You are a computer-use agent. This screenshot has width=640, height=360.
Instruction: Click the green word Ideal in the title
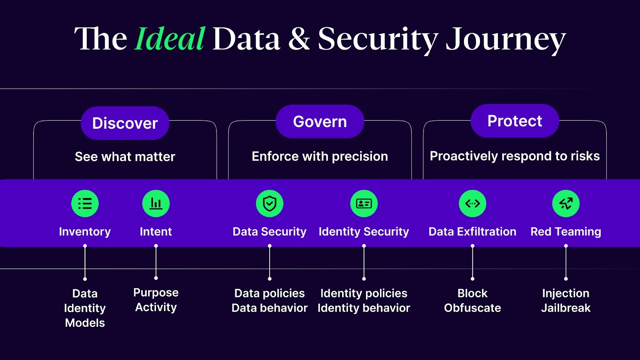pyautogui.click(x=170, y=39)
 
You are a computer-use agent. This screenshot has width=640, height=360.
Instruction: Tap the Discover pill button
pyautogui.click(x=125, y=123)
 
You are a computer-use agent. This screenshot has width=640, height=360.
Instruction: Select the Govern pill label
pyautogui.click(x=320, y=122)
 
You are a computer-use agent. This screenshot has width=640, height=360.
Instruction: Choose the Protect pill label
pyautogui.click(x=515, y=121)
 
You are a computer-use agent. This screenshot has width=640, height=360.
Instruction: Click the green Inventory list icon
pyautogui.click(x=85, y=204)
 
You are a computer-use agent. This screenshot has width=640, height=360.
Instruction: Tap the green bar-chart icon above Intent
pyautogui.click(x=156, y=204)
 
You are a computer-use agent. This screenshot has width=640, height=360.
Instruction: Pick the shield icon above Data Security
pyautogui.click(x=270, y=204)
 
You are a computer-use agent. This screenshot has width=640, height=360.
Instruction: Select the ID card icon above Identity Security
pyautogui.click(x=364, y=204)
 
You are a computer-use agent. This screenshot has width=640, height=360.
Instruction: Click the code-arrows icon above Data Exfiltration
pyautogui.click(x=472, y=204)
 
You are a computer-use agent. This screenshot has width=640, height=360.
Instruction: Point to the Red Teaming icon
pyautogui.click(x=566, y=204)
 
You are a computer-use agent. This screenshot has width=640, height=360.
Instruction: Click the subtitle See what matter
pyautogui.click(x=125, y=156)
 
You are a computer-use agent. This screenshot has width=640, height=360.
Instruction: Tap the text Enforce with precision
pyautogui.click(x=320, y=156)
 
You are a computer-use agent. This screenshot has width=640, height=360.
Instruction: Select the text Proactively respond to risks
pyautogui.click(x=515, y=156)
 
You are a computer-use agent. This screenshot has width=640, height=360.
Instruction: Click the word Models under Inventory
pyautogui.click(x=85, y=323)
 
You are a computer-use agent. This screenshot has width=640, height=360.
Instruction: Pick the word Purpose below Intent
pyautogui.click(x=156, y=293)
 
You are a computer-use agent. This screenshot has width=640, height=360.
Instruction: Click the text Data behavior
pyautogui.click(x=270, y=308)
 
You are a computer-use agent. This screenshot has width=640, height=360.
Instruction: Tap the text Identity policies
pyautogui.click(x=364, y=293)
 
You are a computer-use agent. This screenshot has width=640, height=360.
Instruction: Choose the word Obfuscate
pyautogui.click(x=472, y=308)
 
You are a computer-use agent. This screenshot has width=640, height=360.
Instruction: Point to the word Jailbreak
pyautogui.click(x=566, y=308)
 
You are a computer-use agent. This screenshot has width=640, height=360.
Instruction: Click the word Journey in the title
pyautogui.click(x=506, y=40)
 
